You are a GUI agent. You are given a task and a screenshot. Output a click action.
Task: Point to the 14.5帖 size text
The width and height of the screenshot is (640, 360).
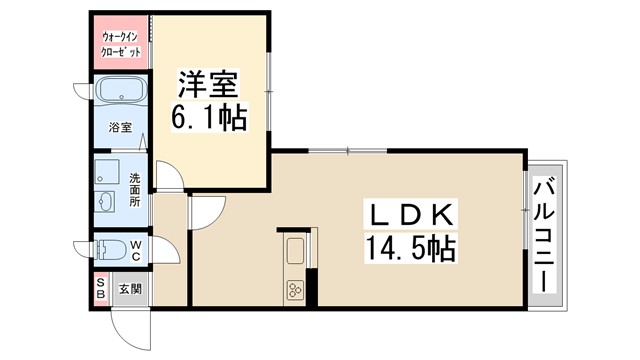tap(413, 248)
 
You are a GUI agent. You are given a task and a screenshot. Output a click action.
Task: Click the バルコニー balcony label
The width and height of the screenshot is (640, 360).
tap(545, 236)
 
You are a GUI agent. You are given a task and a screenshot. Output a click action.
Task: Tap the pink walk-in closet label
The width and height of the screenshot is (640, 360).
tap(121, 44)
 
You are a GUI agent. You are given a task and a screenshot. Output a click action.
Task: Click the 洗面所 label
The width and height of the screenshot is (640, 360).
tap(135, 191)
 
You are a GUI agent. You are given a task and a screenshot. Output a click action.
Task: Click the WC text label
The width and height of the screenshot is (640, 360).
tap(134, 250)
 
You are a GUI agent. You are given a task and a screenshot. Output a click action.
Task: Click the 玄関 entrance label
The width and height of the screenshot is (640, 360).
tap(130, 289)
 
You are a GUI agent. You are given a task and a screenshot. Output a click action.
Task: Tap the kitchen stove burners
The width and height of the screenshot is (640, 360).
tap(296, 290)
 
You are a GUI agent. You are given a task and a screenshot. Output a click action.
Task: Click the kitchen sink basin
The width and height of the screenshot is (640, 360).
tap(296, 251)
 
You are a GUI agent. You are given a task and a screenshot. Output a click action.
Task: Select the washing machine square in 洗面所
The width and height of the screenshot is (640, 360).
tap(106, 170)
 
